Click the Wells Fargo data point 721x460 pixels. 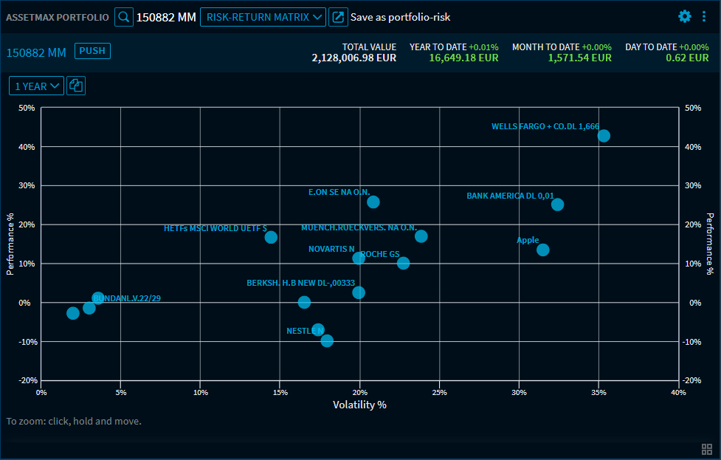click(604, 136)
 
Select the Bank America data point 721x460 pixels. click(557, 205)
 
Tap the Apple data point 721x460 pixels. click(542, 250)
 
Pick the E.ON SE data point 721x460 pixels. click(373, 202)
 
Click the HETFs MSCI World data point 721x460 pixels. click(271, 237)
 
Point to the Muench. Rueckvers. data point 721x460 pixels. click(421, 236)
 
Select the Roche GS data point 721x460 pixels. click(403, 263)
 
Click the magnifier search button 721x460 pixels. click(124, 17)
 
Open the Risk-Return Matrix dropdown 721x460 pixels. click(262, 17)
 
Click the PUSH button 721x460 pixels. click(92, 51)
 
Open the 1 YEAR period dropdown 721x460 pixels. click(37, 86)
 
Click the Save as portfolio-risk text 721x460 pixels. click(400, 17)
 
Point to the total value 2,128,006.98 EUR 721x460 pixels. click(353, 58)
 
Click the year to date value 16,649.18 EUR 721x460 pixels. click(463, 58)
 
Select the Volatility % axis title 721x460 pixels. click(359, 405)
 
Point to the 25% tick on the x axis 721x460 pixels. click(439, 392)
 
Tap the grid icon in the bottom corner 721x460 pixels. click(707, 449)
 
